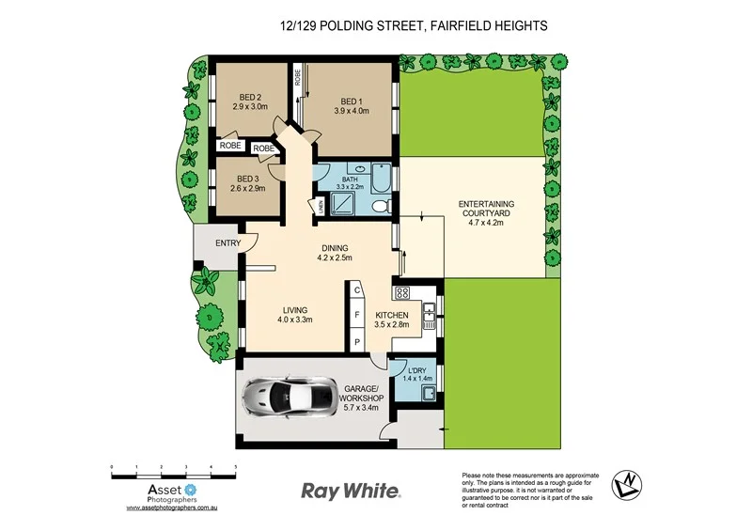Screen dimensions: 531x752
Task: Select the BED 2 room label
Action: [249, 98]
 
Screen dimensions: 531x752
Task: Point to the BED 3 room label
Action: [247, 179]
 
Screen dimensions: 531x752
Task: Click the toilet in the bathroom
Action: [379, 207]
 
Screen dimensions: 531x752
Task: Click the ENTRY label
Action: [227, 243]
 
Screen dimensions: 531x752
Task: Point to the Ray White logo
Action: [351, 491]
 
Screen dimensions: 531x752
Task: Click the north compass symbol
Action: [627, 486]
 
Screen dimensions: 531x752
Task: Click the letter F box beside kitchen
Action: [357, 317]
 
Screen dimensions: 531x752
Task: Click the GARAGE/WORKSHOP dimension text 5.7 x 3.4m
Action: [362, 408]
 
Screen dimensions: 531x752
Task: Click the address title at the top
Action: [413, 27]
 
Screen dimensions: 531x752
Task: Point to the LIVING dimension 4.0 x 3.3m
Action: [294, 320]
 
